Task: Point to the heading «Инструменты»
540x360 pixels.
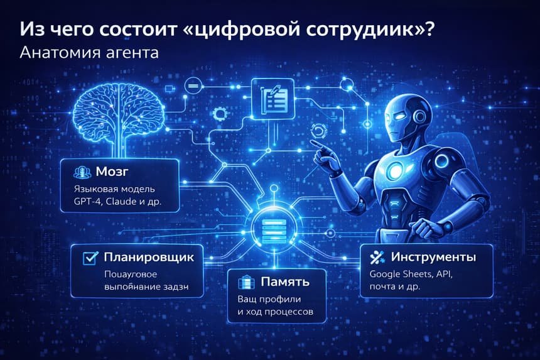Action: click(433, 257)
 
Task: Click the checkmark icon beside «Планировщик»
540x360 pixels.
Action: click(90, 257)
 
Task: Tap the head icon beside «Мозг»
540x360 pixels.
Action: click(80, 172)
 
